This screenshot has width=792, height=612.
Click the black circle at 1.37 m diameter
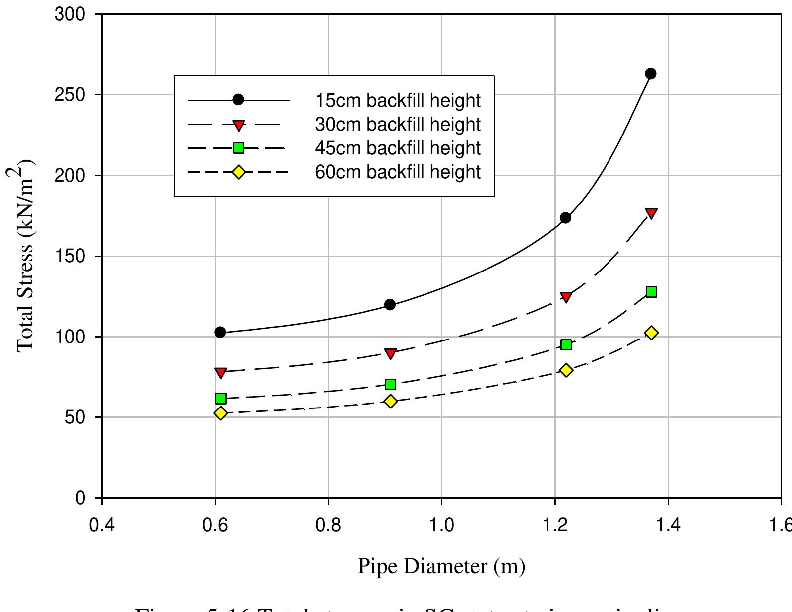point(651,74)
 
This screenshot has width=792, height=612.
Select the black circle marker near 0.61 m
point(220,332)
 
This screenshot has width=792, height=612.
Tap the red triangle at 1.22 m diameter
point(566,297)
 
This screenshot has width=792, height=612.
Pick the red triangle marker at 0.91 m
point(390,353)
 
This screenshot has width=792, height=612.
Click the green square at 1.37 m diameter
point(651,292)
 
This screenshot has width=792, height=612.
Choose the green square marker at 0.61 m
point(221,399)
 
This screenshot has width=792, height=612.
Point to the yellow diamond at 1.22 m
point(566,370)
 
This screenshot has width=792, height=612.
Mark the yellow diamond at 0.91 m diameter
point(390,401)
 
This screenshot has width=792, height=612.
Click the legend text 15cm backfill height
point(398,100)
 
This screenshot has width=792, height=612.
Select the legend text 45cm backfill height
point(398,148)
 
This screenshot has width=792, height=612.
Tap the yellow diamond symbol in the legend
point(238,172)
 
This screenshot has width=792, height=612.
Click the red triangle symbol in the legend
point(238,125)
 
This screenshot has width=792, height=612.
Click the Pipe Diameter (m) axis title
point(441,566)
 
